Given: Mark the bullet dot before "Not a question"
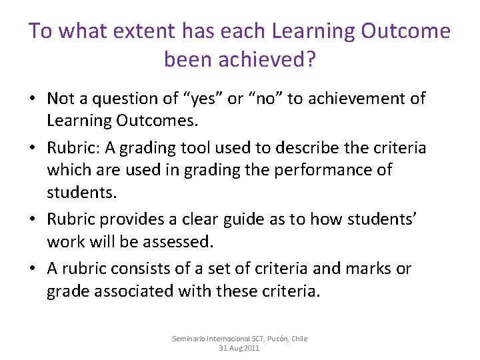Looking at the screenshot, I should [x=32, y=99].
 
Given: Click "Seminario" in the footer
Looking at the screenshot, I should [x=190, y=339].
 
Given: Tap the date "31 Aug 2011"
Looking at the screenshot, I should [x=239, y=348].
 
